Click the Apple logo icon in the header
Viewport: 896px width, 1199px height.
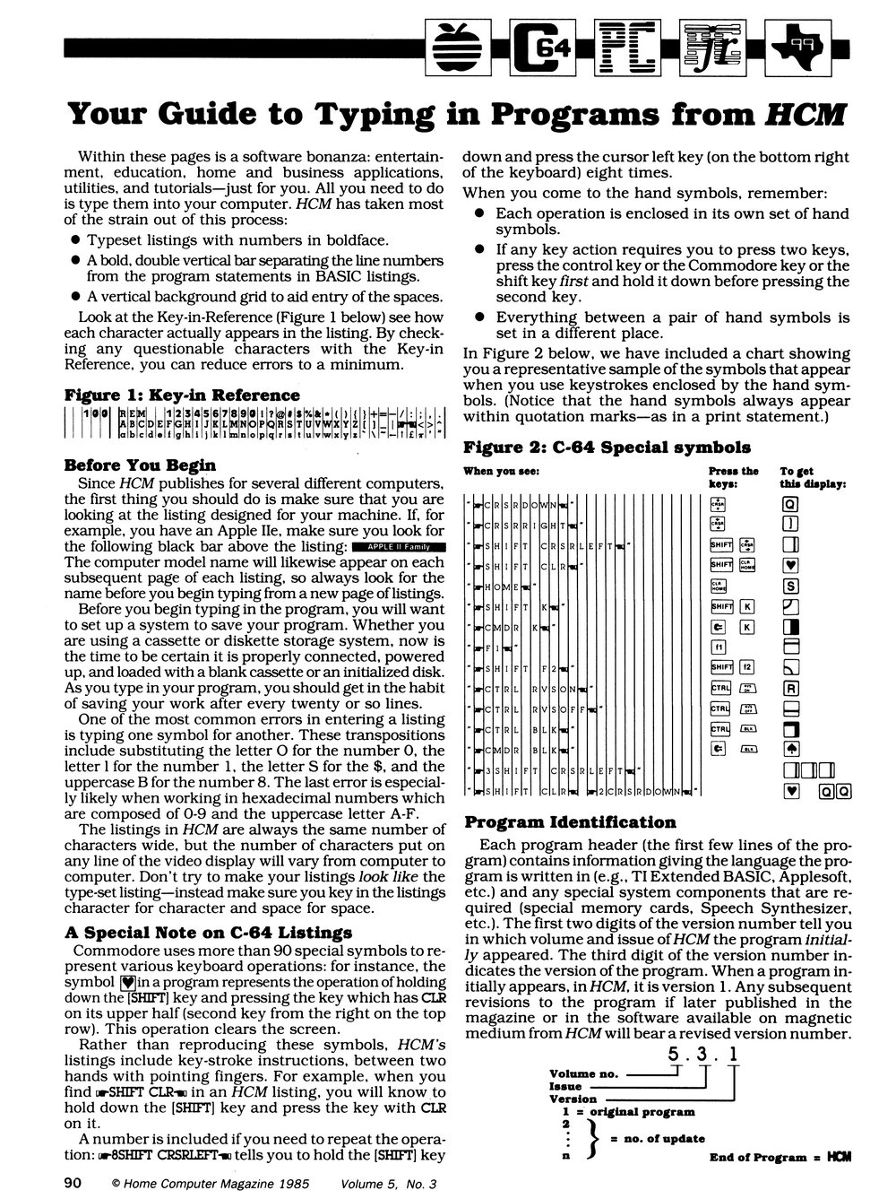click(x=459, y=43)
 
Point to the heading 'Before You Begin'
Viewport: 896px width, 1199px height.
click(x=141, y=465)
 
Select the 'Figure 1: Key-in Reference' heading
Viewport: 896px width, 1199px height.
click(x=183, y=395)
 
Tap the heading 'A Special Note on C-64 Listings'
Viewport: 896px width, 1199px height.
click(x=209, y=932)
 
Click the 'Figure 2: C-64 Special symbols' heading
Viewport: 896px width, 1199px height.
click(x=607, y=447)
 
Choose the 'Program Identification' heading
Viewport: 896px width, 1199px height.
click(x=569, y=822)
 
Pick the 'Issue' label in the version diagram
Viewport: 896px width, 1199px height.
click(x=565, y=1086)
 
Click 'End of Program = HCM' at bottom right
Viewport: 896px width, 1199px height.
click(x=780, y=1157)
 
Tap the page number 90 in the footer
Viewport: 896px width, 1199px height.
click(x=73, y=1183)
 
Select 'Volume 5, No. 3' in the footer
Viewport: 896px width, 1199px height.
click(x=387, y=1184)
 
